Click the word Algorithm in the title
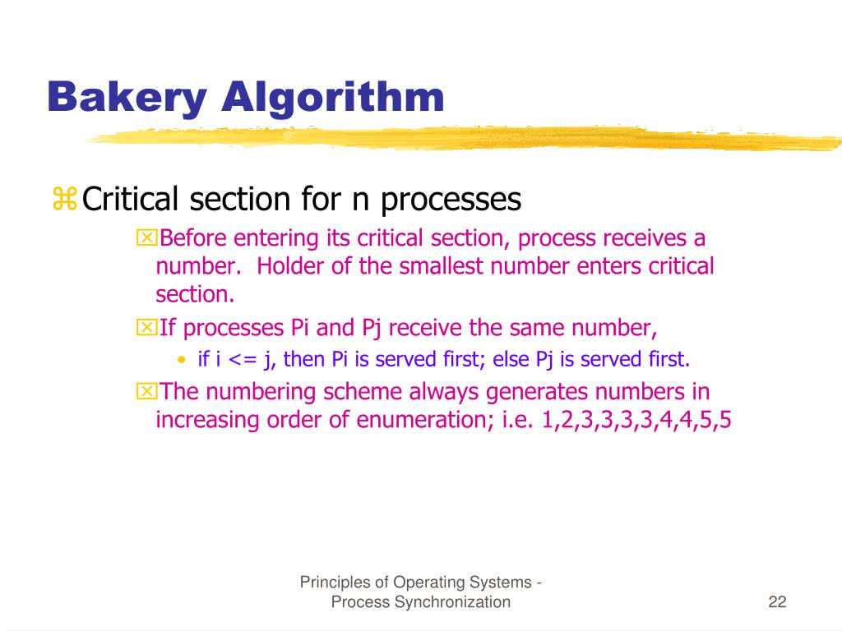[332, 98]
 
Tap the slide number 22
[777, 602]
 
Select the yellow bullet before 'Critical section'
[63, 199]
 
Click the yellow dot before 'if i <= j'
[182, 360]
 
